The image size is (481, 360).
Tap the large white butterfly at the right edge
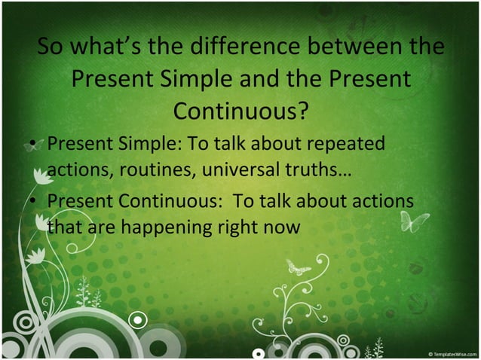click(x=414, y=221)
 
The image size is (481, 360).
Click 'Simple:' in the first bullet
click(x=141, y=143)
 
